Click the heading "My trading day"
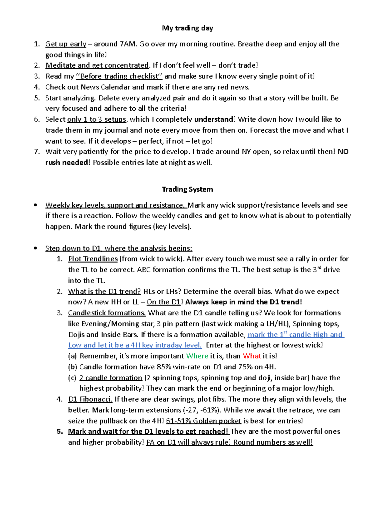coord(187,28)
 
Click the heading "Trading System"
coord(187,189)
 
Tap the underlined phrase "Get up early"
coord(66,44)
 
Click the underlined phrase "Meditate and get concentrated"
coord(97,65)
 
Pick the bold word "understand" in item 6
coord(214,119)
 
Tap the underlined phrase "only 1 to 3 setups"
coord(97,119)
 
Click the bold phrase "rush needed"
coord(67,163)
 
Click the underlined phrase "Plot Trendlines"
coord(93,259)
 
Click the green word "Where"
coord(197,356)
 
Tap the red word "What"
coord(252,356)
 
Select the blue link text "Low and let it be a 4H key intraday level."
coord(135,345)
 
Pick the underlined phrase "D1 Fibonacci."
coord(90,399)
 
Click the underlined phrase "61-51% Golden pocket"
coord(203,421)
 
